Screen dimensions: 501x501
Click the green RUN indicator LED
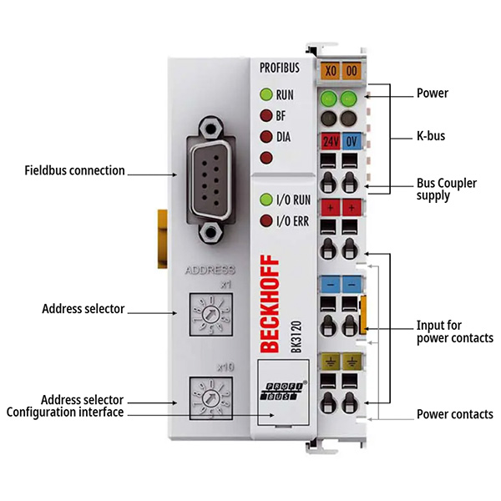coord(266,95)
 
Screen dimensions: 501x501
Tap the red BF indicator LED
coord(266,116)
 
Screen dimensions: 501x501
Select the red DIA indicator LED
coord(266,136)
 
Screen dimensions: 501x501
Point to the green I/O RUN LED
coord(266,200)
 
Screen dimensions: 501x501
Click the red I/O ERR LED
coord(266,220)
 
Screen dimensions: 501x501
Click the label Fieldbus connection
coord(74,170)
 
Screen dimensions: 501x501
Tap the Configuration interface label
coord(65,412)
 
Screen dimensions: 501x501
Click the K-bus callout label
coord(432,134)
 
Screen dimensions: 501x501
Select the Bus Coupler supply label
coord(446,190)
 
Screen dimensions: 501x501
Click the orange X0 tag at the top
coord(331,72)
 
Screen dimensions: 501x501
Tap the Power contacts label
coord(454,414)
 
